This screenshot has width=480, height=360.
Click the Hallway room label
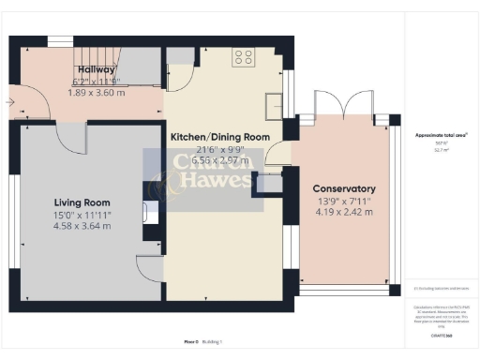[x=96, y=69]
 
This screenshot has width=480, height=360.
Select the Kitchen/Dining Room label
[x=219, y=137]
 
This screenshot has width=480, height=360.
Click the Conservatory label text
[x=343, y=188]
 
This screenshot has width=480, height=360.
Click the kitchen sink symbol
[x=273, y=104]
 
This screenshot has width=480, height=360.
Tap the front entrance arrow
[x=10, y=100]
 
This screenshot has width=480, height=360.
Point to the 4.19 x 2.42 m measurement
[x=343, y=211]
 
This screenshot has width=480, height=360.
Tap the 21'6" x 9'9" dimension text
[x=219, y=149]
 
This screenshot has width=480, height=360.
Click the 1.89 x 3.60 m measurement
[x=98, y=92]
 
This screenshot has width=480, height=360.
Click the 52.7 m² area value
[x=442, y=148]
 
